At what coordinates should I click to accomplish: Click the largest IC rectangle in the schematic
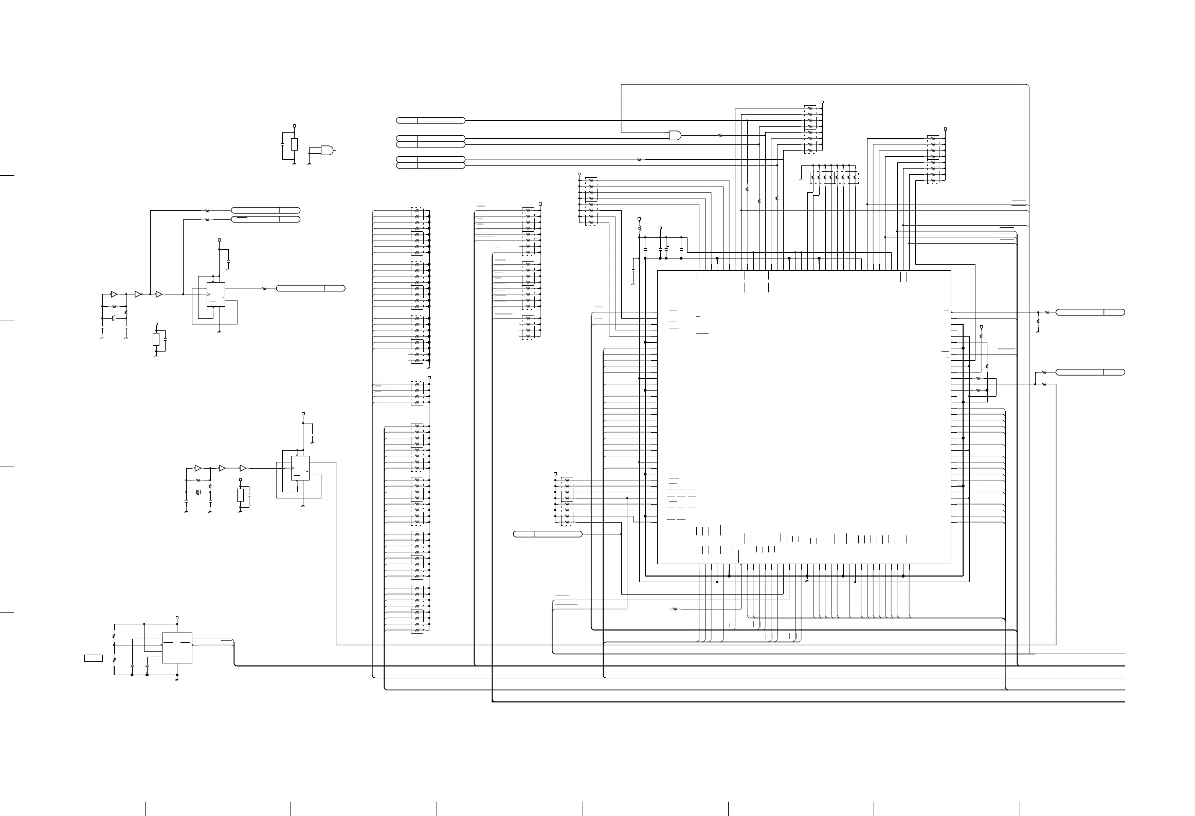click(x=804, y=417)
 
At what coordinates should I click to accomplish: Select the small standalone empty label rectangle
click(x=94, y=658)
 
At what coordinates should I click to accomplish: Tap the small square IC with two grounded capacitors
click(x=177, y=647)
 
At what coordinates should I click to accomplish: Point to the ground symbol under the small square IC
click(x=177, y=679)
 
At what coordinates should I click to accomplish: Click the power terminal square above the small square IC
click(x=177, y=618)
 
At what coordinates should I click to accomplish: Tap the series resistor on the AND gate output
click(x=720, y=136)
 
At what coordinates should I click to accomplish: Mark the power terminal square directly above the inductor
click(x=639, y=219)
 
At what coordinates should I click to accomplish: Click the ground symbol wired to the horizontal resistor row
click(x=801, y=179)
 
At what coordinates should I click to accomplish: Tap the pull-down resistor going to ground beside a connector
click(x=1038, y=321)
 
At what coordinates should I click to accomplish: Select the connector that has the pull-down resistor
click(x=1090, y=312)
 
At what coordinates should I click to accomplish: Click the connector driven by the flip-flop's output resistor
click(x=311, y=288)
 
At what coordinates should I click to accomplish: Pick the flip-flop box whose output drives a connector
click(x=215, y=294)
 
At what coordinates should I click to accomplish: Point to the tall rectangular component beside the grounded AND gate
click(x=294, y=144)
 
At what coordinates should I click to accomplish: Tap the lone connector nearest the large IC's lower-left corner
click(x=548, y=534)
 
